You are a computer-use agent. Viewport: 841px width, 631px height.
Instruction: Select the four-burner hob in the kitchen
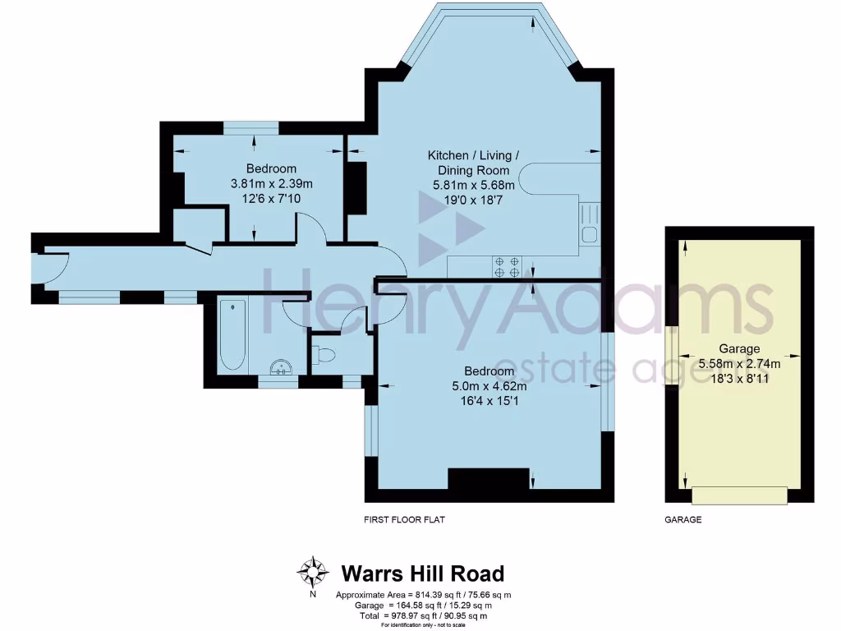506,266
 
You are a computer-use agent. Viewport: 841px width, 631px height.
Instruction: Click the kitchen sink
590,224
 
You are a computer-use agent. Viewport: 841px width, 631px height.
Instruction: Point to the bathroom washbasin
283,367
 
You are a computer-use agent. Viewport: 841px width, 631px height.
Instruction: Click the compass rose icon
313,570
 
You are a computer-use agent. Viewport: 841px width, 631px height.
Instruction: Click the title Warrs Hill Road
422,573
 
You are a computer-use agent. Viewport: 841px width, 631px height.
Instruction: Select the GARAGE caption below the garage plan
682,520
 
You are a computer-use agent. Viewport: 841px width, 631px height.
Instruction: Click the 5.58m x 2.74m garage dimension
739,363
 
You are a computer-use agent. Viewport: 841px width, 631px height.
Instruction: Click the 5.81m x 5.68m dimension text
474,185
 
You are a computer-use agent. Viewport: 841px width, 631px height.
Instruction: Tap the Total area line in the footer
423,615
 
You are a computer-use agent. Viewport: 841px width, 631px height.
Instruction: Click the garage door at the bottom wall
739,495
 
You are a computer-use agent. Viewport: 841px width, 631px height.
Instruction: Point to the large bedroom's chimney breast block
488,479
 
